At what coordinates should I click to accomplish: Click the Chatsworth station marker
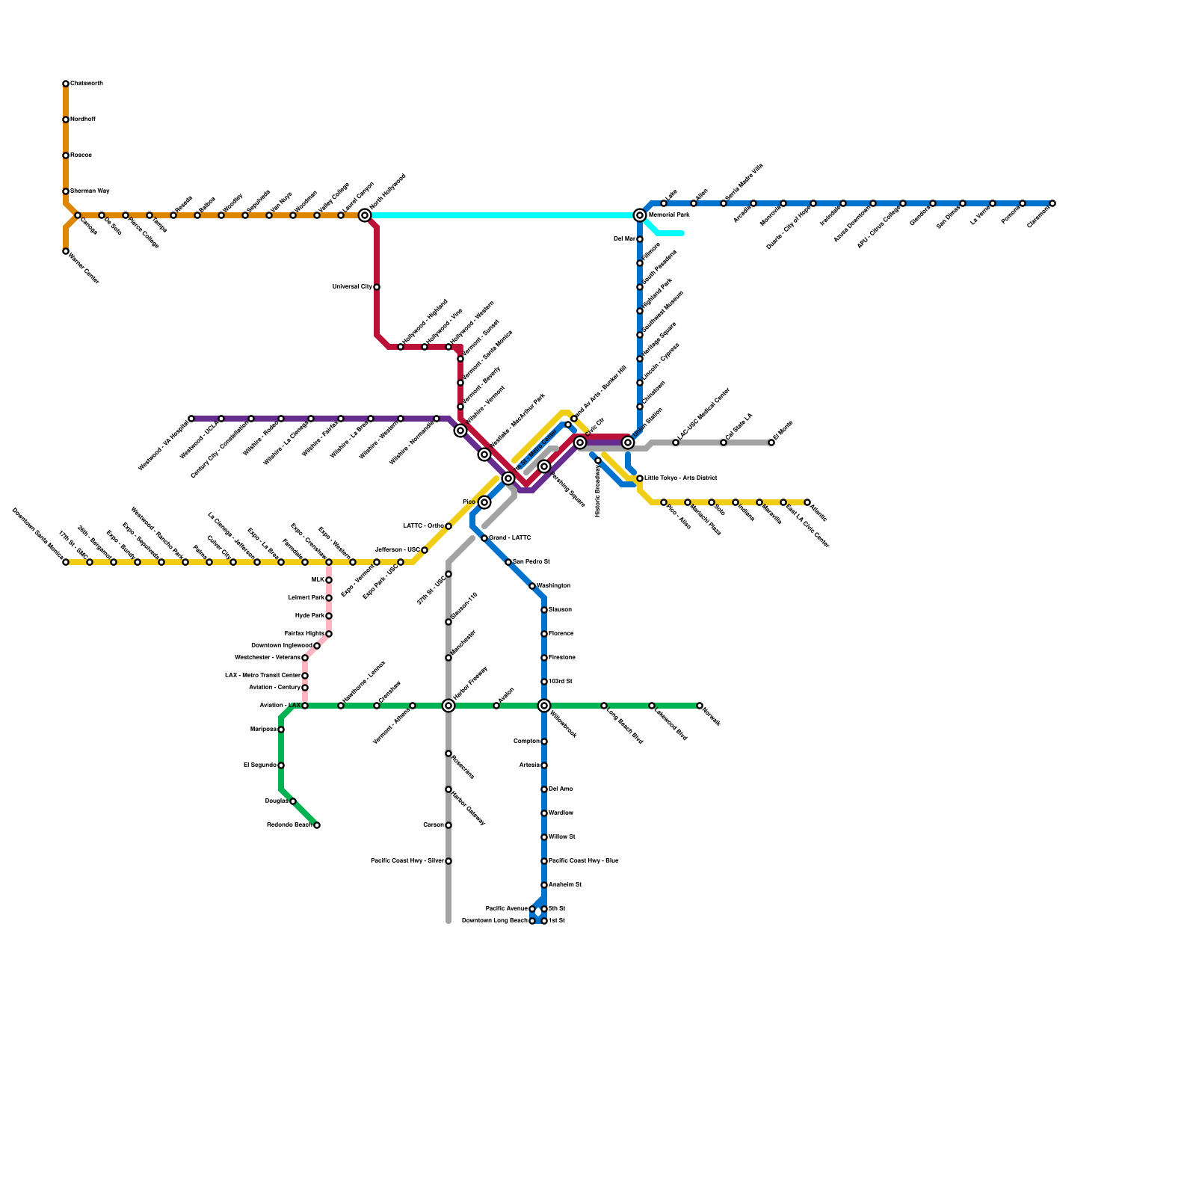click(x=66, y=84)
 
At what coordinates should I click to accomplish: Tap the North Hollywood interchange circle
click(x=365, y=215)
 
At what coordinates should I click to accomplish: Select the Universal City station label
click(x=352, y=287)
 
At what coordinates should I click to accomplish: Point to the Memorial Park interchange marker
click(x=640, y=215)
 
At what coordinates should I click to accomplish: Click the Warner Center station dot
click(x=66, y=252)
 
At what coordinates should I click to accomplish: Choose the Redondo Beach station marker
click(x=317, y=825)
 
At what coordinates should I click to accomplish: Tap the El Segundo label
click(x=259, y=765)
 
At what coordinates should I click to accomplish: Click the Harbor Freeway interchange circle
click(x=449, y=706)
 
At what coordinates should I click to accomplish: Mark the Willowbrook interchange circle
click(x=544, y=706)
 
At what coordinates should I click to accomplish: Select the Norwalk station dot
click(x=700, y=706)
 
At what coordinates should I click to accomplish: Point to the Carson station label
click(x=433, y=825)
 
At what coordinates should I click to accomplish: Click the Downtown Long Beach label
click(x=494, y=921)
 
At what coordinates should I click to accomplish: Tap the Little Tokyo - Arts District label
click(x=681, y=478)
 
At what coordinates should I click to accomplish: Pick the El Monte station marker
click(x=771, y=443)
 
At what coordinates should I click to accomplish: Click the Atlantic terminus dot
click(x=807, y=502)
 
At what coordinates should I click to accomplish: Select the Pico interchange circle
click(x=484, y=502)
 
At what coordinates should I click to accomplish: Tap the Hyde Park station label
click(x=309, y=616)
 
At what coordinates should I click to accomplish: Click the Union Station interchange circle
click(x=628, y=443)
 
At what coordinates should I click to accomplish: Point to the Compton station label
click(x=526, y=742)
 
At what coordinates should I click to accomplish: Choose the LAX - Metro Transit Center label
click(x=262, y=676)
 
